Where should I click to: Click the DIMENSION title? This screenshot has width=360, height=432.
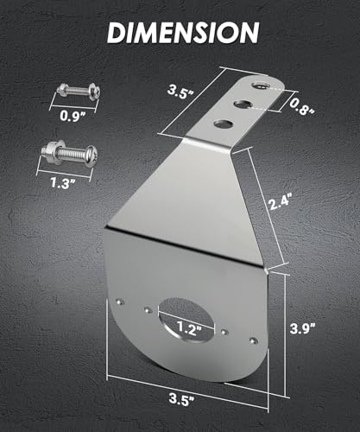(183, 32)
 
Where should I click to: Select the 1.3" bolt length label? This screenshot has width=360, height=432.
(62, 182)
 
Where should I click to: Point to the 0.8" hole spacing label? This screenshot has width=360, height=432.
(301, 106)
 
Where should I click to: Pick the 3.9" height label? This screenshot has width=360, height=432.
(303, 328)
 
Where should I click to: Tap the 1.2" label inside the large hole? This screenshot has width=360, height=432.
(188, 328)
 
